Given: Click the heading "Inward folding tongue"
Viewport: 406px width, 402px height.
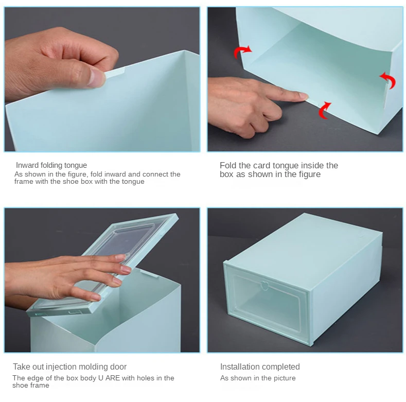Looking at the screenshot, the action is [x=51, y=165].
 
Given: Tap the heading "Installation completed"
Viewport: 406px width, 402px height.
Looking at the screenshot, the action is [x=260, y=367].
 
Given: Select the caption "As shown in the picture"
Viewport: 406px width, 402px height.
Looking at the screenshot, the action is [x=258, y=378].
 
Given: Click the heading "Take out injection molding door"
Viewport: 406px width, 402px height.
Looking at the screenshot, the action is [x=69, y=367].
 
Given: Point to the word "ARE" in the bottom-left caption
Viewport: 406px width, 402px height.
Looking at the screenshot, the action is [x=113, y=378].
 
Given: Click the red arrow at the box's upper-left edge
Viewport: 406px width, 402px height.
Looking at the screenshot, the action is [x=242, y=52].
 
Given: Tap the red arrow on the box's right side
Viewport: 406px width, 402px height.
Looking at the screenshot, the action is [x=389, y=80].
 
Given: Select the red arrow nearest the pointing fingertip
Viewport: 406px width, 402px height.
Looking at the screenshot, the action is [x=324, y=110].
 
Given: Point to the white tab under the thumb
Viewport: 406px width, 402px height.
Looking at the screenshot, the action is [x=115, y=72].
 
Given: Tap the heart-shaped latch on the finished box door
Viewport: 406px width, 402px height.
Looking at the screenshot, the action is [x=264, y=286].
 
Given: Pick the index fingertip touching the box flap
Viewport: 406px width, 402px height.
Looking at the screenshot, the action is [x=303, y=96].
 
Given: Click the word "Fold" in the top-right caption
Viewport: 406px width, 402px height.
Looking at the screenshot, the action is [x=228, y=165].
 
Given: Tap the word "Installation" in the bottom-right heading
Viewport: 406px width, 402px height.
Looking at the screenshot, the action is [x=239, y=367].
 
